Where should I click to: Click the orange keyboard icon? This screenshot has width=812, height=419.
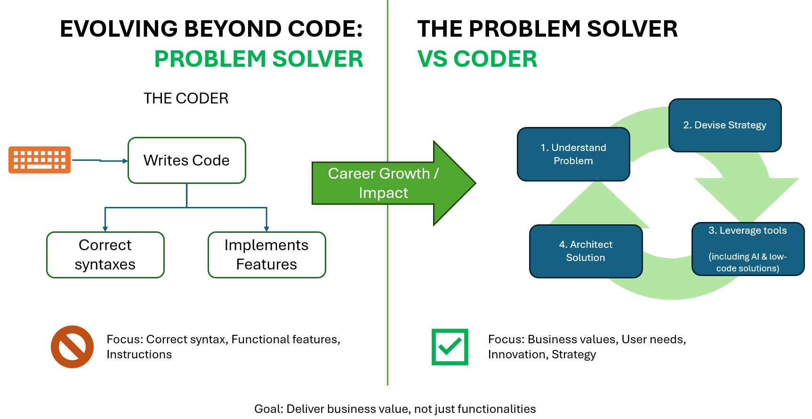[x=40, y=160]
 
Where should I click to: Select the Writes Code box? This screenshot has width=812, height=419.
[x=186, y=160]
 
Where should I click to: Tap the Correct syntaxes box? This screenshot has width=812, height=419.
[x=105, y=255]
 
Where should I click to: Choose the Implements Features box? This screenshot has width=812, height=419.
[x=266, y=255]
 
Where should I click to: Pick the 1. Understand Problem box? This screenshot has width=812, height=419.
[x=573, y=154]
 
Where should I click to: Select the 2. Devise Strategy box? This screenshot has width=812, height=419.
[x=724, y=125]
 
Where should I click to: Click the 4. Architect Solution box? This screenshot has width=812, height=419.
[x=586, y=251]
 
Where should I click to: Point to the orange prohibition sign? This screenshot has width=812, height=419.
[x=72, y=347]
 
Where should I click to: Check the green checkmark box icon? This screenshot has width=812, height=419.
[x=450, y=347]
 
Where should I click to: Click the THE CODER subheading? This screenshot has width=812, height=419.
[x=186, y=98]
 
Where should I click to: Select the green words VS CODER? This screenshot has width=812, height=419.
[x=477, y=59]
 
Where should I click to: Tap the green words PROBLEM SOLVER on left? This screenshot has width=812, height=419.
[x=258, y=59]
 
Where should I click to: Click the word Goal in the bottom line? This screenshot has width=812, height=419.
[x=268, y=409]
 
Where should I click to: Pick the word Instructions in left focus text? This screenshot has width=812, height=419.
[x=139, y=355]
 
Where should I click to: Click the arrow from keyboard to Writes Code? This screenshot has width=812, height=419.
[x=100, y=160]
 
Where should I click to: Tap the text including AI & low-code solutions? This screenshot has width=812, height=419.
[x=748, y=262]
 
